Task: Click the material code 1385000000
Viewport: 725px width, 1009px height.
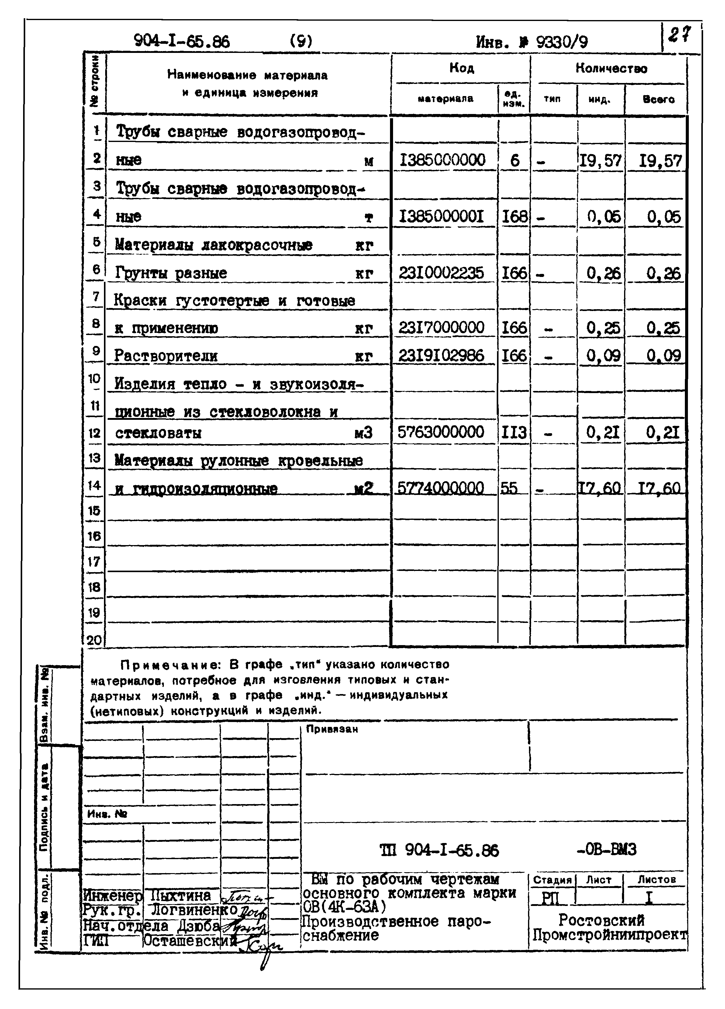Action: (x=443, y=160)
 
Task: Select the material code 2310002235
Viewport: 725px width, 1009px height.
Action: (x=441, y=273)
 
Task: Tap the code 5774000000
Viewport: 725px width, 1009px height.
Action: (x=440, y=489)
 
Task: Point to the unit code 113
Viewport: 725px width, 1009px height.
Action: (x=514, y=432)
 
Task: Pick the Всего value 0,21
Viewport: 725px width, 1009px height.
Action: (x=663, y=432)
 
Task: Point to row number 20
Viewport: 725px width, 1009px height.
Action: (x=94, y=640)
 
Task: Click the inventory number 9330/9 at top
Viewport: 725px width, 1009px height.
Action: (x=561, y=42)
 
